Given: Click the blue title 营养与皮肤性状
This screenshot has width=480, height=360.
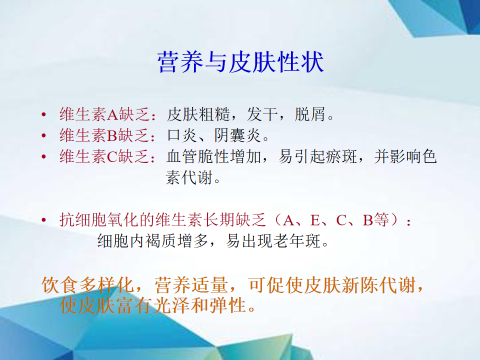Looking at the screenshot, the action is click(x=240, y=62).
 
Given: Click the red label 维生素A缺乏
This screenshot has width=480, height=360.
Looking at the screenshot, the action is click(x=104, y=114).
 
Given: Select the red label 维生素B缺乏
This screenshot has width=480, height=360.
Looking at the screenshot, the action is click(x=104, y=135).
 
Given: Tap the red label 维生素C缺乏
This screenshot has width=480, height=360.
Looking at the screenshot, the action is click(x=104, y=156).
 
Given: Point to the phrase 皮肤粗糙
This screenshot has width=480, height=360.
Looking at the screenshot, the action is click(x=198, y=114).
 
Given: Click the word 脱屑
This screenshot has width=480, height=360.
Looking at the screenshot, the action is click(x=310, y=114).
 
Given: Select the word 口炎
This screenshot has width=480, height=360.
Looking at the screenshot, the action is click(x=182, y=135).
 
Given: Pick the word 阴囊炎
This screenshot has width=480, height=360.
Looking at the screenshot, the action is click(x=237, y=135).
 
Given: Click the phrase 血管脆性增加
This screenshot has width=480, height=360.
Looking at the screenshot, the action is click(x=214, y=156).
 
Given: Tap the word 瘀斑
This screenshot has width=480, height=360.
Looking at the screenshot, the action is click(x=341, y=156).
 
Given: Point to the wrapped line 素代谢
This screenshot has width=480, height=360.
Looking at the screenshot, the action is click(x=189, y=177).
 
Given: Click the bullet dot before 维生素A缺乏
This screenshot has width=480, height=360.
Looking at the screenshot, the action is click(x=44, y=115).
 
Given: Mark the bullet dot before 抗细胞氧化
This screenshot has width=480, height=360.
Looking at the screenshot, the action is click(x=44, y=220).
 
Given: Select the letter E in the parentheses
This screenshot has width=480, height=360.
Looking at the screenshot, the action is click(x=315, y=220).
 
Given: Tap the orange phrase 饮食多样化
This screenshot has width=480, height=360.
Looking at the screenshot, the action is click(x=87, y=285).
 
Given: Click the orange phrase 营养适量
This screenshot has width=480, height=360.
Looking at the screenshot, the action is click(x=191, y=285).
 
